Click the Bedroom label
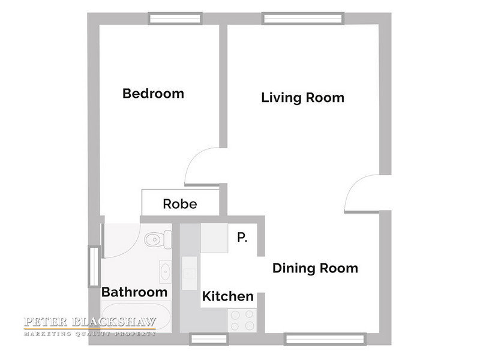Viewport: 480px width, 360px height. (x=153, y=94)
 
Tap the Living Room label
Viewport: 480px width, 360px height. (x=303, y=98)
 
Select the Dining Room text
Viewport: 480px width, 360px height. (x=316, y=268)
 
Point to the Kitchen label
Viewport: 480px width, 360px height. (x=228, y=296)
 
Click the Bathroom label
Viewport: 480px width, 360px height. (x=134, y=292)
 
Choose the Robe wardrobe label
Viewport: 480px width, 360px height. (x=180, y=204)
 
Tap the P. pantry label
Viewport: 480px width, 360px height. (x=242, y=237)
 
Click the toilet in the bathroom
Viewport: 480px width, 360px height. (x=158, y=239)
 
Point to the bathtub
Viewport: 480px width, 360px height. (x=136, y=317)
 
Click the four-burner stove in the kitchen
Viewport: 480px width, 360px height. (x=242, y=320)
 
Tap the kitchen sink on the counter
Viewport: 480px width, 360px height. (x=190, y=274)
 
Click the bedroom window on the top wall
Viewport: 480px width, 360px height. (x=175, y=19)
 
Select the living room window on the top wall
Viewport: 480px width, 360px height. (x=303, y=19)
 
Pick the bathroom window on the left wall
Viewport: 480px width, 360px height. (x=94, y=266)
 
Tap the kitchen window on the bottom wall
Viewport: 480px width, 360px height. (x=209, y=339)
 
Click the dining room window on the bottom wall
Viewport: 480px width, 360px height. (x=325, y=339)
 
